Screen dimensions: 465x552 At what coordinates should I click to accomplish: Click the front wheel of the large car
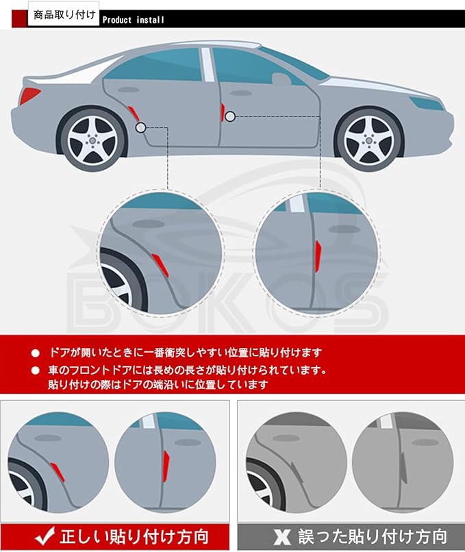368,140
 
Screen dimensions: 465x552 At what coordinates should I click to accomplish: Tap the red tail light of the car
29,95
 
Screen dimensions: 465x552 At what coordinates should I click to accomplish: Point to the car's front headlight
425,103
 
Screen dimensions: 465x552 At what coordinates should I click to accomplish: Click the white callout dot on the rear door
141,127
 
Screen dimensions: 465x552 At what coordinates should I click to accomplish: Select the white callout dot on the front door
230,116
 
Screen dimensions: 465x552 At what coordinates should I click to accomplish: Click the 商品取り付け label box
63,14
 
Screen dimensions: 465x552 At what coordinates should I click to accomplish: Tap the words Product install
134,19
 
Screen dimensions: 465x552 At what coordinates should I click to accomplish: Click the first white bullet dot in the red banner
36,353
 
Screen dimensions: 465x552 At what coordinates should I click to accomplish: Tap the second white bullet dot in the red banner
36,371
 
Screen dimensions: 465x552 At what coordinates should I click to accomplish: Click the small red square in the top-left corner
18,18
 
